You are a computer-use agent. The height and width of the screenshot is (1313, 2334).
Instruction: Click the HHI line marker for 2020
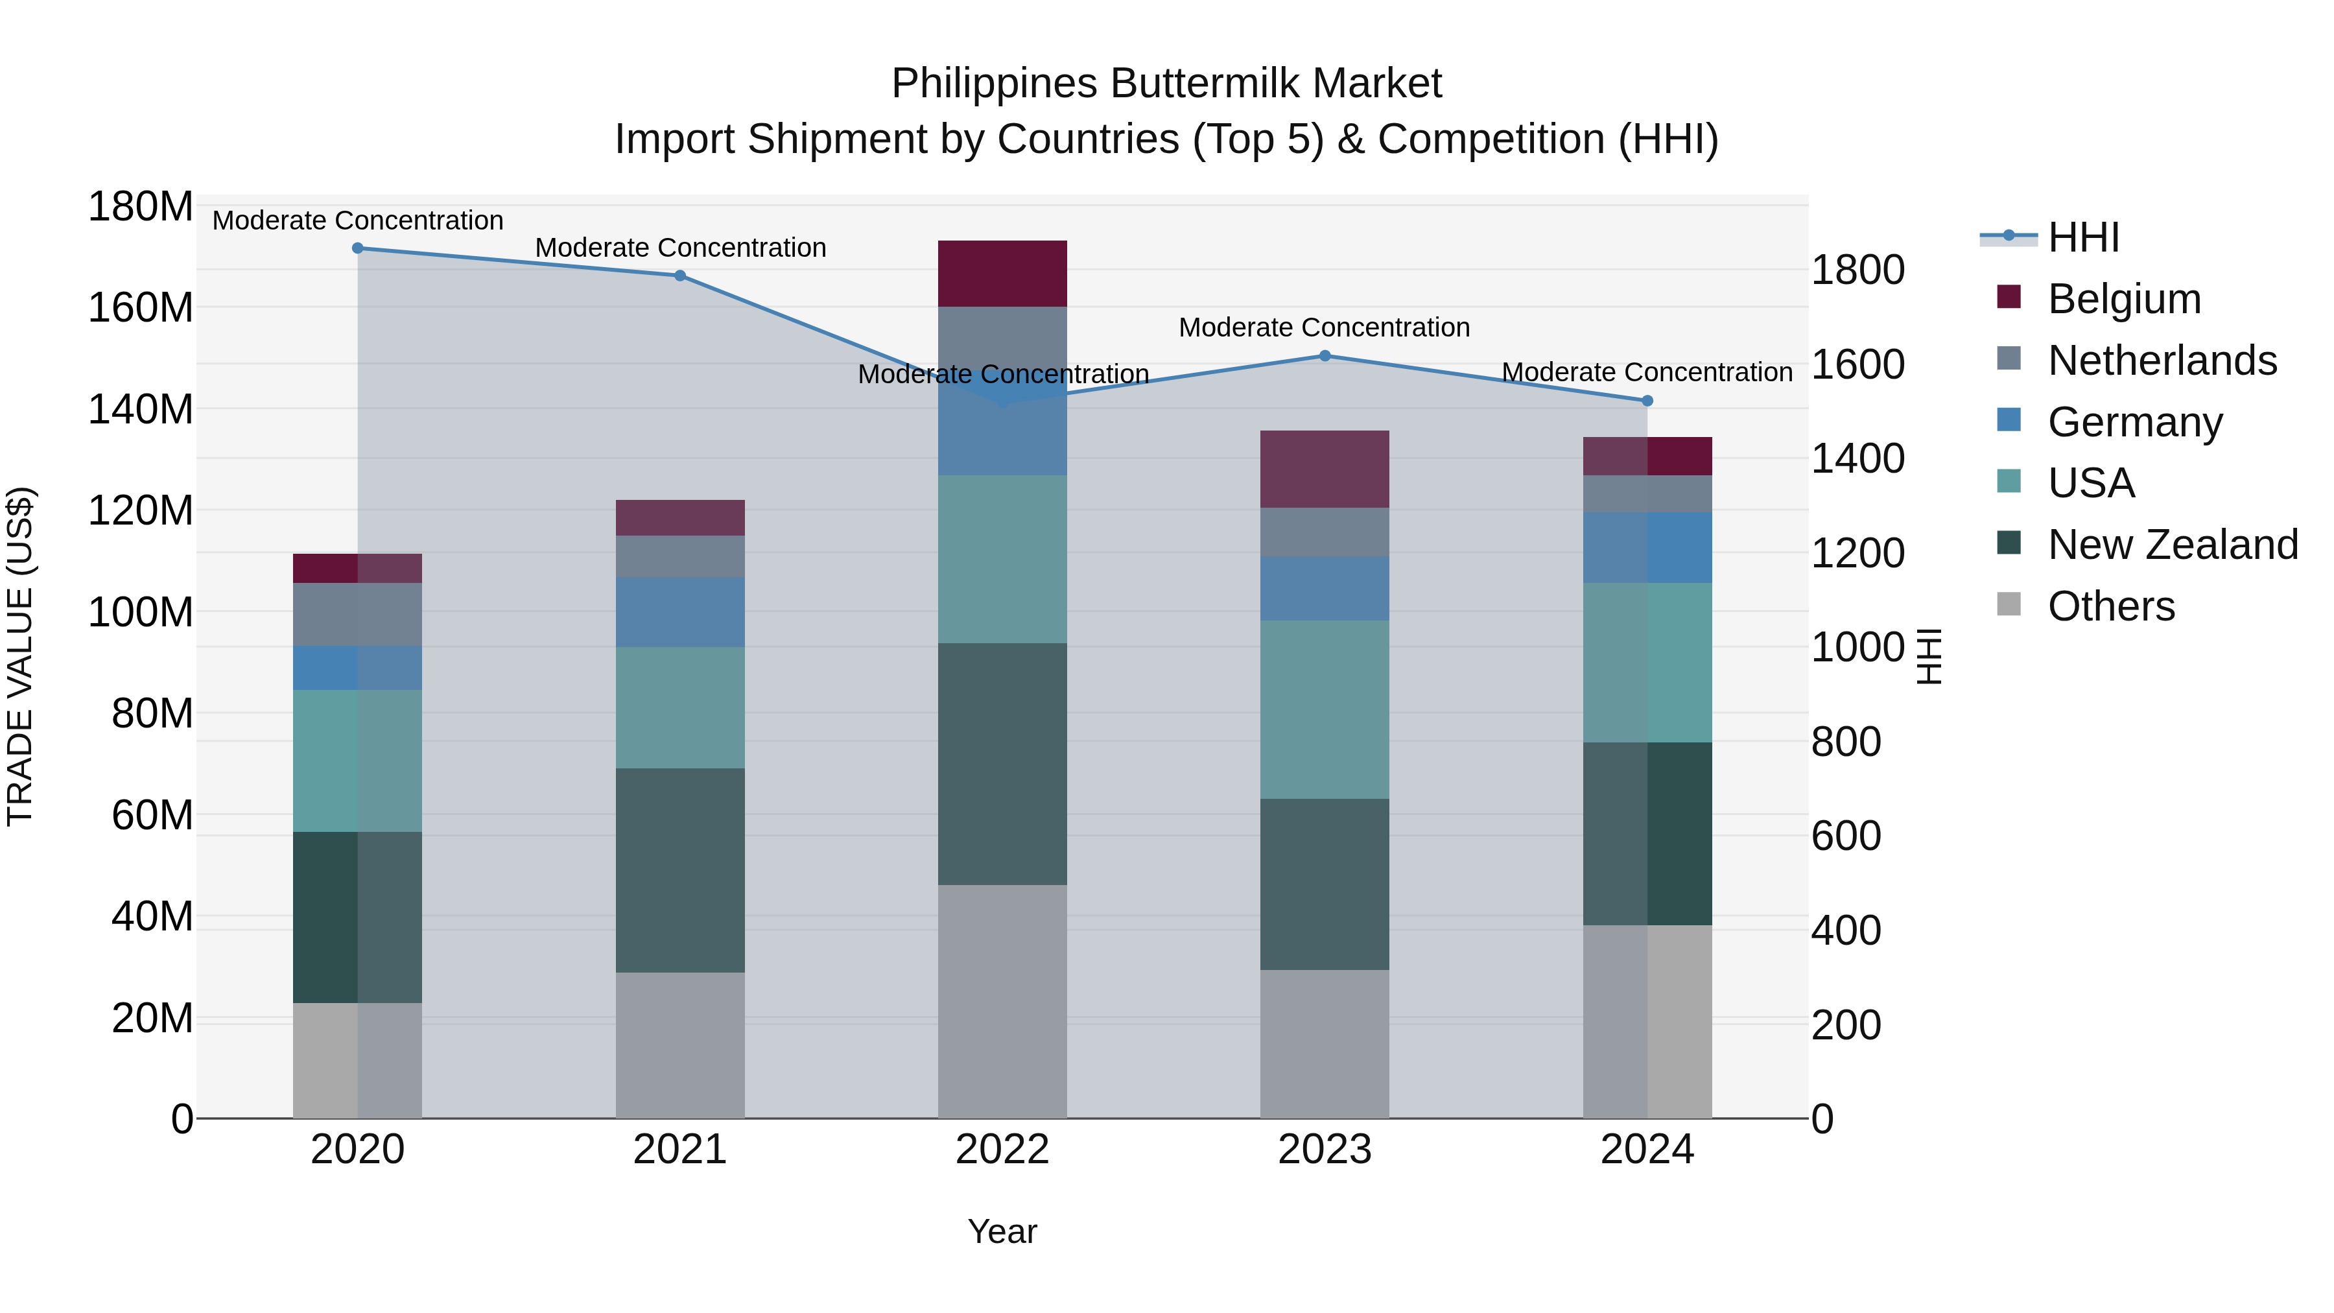(357, 248)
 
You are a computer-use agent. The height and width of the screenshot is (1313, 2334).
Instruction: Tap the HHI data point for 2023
(1325, 356)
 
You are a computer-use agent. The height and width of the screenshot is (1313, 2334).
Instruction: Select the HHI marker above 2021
(681, 276)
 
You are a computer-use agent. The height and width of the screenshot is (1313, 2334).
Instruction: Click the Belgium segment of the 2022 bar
(1002, 274)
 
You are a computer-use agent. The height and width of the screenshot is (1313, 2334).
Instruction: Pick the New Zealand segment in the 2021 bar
(681, 870)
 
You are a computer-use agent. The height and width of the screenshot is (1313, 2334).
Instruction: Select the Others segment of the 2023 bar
(1325, 1044)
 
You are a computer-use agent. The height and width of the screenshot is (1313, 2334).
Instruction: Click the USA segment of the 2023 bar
(1325, 709)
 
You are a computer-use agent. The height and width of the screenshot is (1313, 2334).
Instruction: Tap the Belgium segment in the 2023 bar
(1325, 469)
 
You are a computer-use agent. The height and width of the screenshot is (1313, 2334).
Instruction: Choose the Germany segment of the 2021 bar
(681, 611)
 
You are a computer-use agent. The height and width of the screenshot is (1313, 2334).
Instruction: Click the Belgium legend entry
(2124, 299)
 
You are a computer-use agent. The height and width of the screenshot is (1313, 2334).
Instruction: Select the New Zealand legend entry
(2172, 545)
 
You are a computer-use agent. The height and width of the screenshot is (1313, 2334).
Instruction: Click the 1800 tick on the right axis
(1857, 270)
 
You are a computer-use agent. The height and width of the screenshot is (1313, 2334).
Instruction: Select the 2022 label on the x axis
(1002, 1150)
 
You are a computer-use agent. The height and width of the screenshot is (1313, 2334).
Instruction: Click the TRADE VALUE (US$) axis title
(20, 656)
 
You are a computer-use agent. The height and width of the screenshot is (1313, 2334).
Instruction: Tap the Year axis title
(1002, 1231)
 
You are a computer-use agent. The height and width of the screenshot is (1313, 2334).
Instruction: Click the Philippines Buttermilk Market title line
(1166, 84)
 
